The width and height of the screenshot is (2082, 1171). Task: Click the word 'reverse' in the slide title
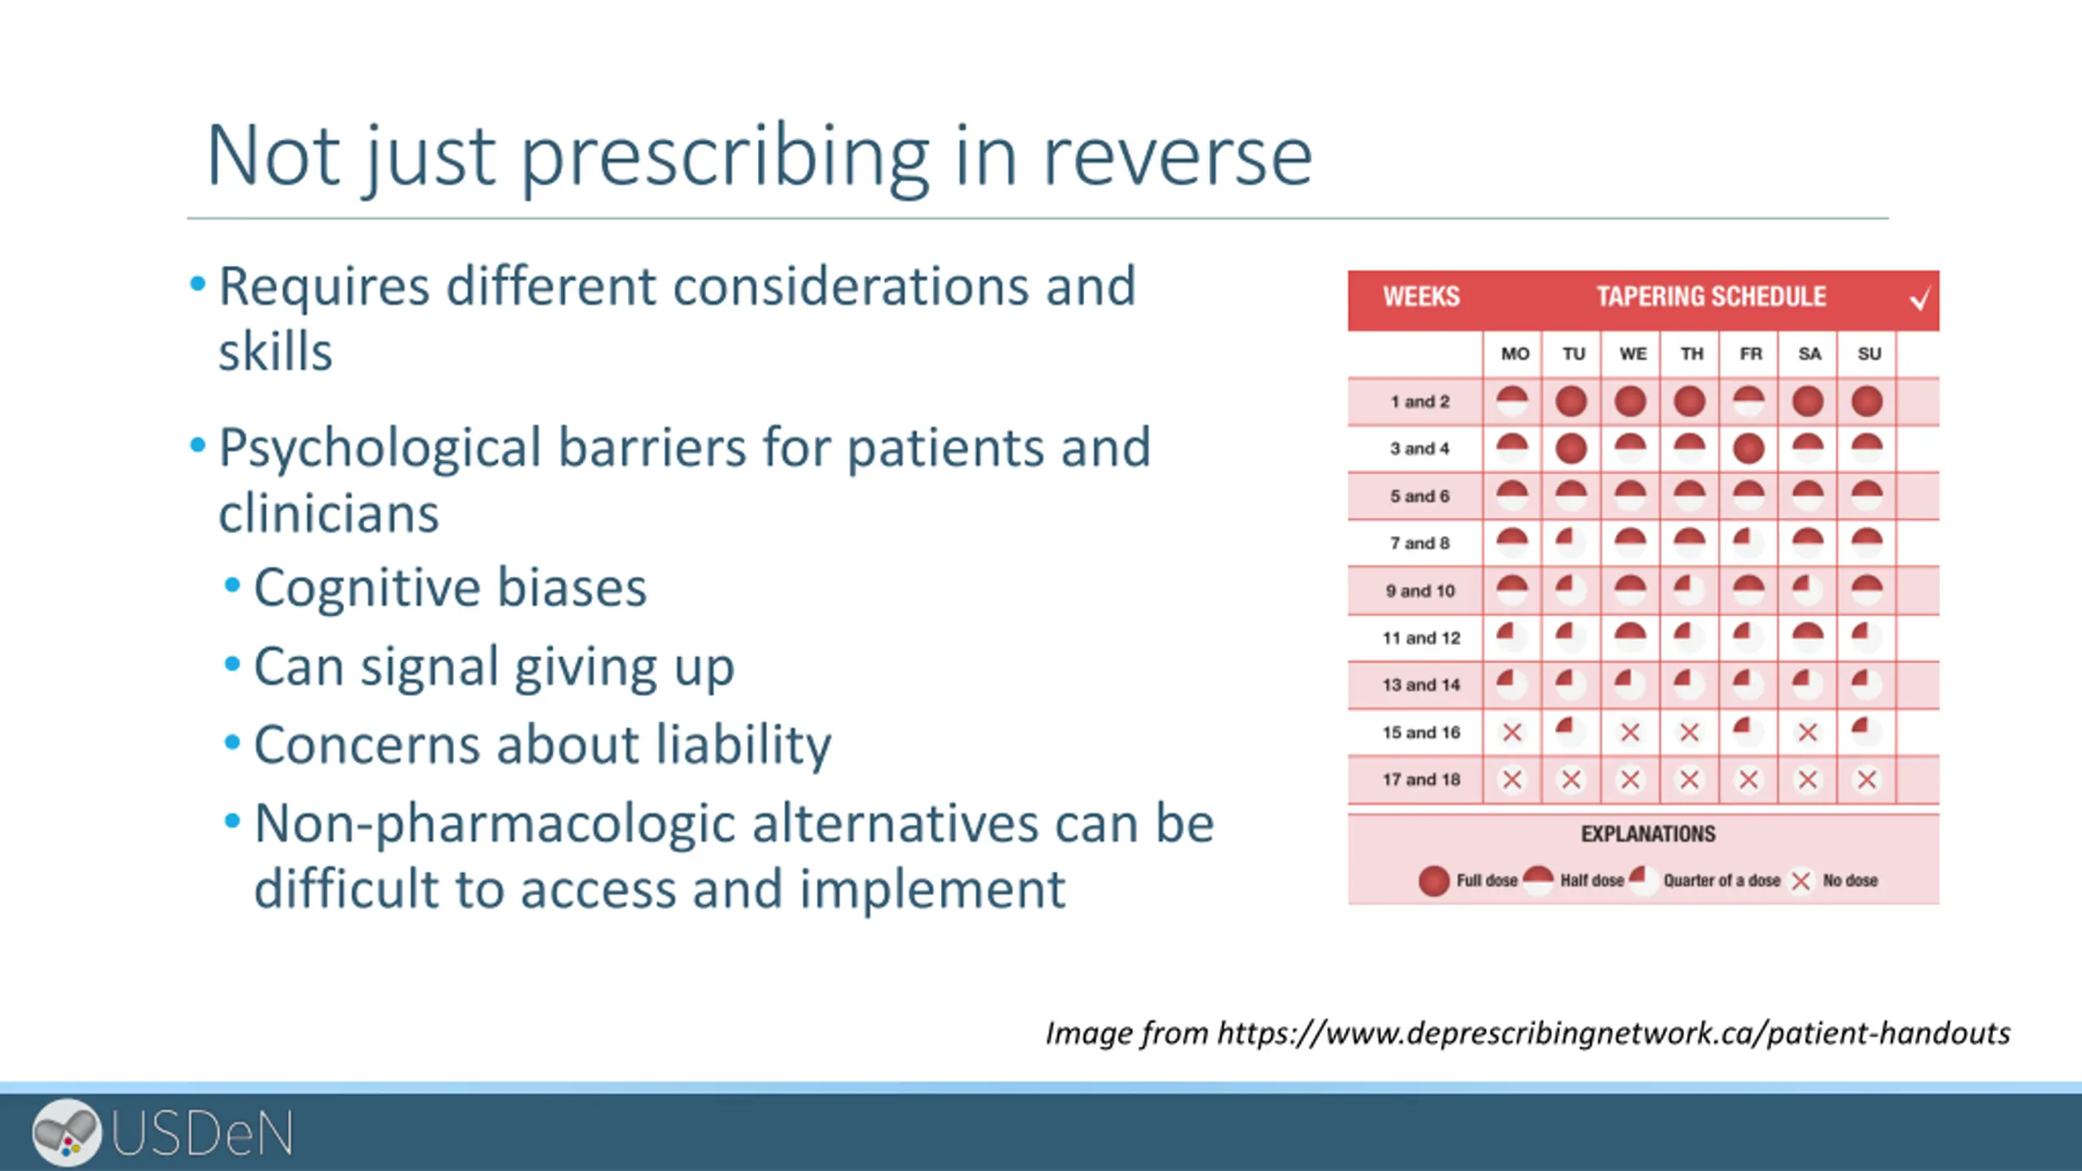(x=1177, y=156)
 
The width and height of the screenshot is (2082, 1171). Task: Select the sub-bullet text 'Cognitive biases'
(x=450, y=587)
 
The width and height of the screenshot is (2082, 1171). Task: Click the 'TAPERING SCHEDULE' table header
(x=1711, y=297)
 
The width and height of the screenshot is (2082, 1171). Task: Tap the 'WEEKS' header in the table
(x=1421, y=297)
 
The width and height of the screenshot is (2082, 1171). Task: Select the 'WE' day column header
(x=1632, y=354)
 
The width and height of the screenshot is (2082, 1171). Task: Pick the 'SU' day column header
(x=1869, y=354)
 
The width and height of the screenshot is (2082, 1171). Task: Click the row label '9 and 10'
(x=1420, y=591)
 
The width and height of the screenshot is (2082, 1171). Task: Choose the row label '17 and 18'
(x=1421, y=780)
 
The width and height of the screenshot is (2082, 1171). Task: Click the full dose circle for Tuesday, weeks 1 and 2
(x=1571, y=402)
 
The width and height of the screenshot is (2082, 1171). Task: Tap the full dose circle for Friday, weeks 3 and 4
(x=1749, y=449)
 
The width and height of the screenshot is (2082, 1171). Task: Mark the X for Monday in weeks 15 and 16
(x=1512, y=733)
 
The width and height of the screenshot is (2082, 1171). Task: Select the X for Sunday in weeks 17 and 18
(x=1866, y=780)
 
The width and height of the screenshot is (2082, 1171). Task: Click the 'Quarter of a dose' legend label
(x=1722, y=881)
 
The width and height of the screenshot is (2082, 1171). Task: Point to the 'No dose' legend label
(x=1850, y=881)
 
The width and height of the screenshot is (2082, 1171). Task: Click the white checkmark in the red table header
(x=1919, y=299)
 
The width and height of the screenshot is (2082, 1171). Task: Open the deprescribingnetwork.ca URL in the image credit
(x=1614, y=1034)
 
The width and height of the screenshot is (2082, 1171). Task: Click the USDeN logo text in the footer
(x=202, y=1134)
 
